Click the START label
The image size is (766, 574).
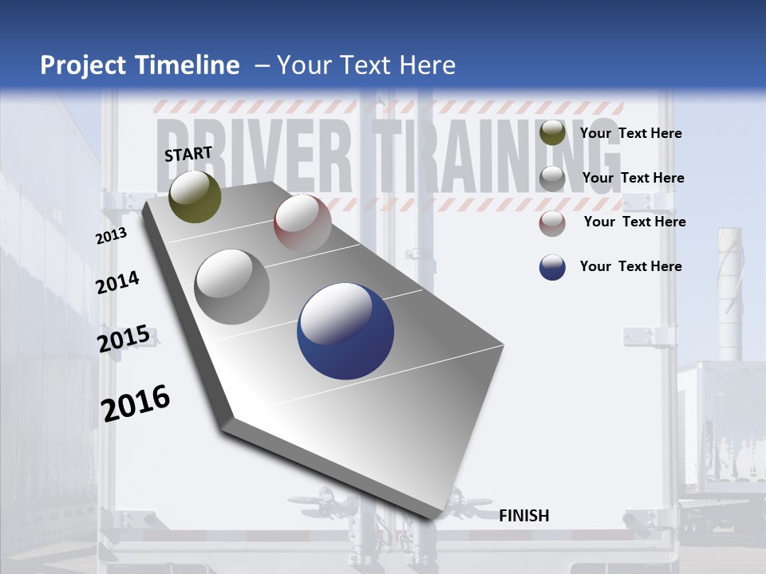(x=188, y=154)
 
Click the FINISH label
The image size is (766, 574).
(x=523, y=516)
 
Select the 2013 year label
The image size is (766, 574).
(x=111, y=236)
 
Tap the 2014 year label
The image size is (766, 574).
(x=117, y=282)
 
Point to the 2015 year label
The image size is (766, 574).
(x=124, y=339)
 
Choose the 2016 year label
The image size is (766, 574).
(x=136, y=403)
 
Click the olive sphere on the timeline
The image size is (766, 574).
(x=195, y=196)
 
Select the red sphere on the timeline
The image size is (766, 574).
(x=302, y=222)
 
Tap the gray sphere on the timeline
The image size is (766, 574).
(x=232, y=286)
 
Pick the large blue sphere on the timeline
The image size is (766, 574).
(x=345, y=331)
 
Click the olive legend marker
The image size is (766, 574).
(x=552, y=133)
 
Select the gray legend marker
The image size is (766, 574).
(x=552, y=179)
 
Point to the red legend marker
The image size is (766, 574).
(x=552, y=223)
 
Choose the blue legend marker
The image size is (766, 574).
(x=552, y=267)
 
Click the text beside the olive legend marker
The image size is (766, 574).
(x=630, y=133)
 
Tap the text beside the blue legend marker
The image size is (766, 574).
(x=630, y=266)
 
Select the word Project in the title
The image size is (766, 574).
(x=82, y=65)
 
